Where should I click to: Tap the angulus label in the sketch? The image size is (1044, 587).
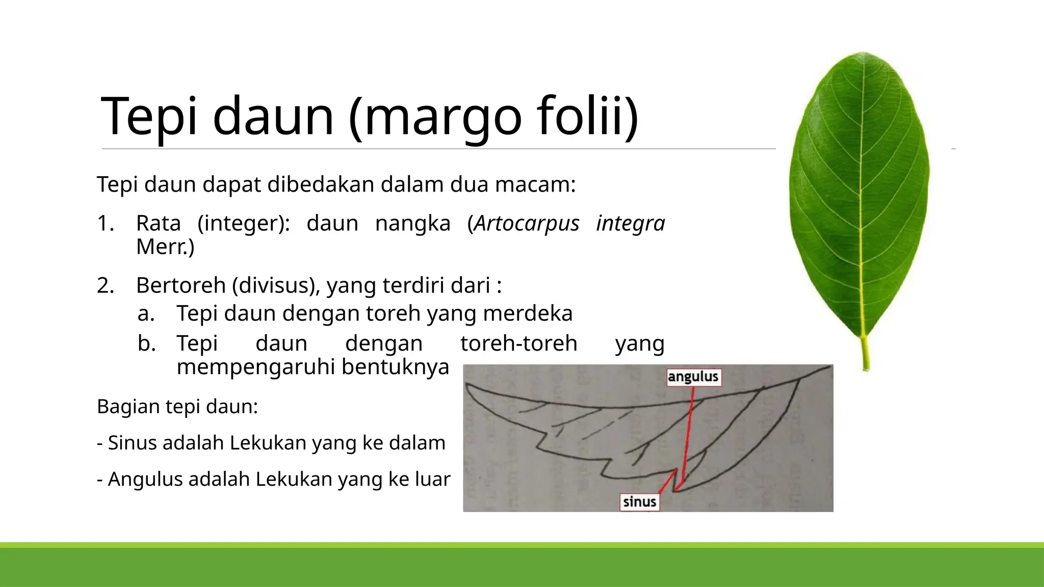click(693, 377)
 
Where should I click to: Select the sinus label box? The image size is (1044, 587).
click(639, 502)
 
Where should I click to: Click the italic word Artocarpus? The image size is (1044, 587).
click(527, 224)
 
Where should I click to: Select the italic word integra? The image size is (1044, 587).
click(631, 224)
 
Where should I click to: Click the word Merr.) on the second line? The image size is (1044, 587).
click(165, 247)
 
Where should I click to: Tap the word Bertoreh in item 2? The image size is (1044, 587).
click(180, 285)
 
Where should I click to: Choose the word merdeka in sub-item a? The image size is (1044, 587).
click(528, 313)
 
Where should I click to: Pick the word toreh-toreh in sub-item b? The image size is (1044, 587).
click(518, 343)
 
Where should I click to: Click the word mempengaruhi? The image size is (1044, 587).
click(256, 367)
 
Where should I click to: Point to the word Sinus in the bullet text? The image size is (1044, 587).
click(133, 443)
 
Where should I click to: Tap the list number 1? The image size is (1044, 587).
click(105, 224)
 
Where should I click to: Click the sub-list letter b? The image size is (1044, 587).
click(146, 343)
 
